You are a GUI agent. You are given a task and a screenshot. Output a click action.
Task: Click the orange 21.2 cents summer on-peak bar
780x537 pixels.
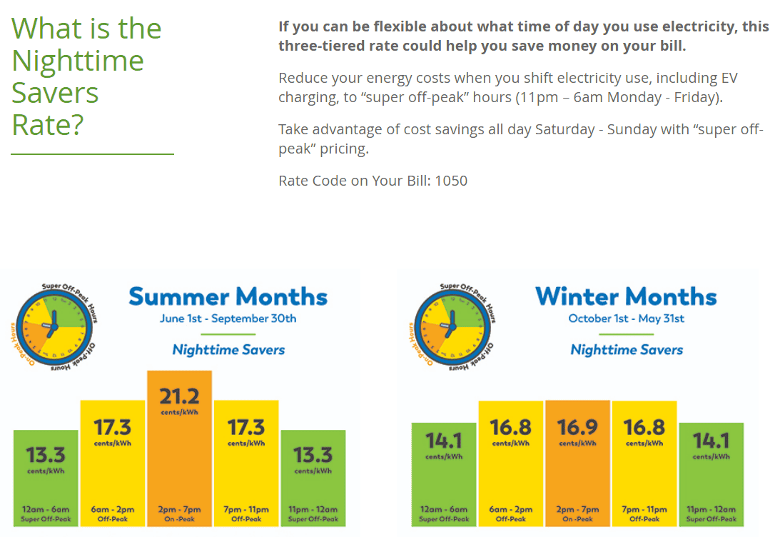(179, 450)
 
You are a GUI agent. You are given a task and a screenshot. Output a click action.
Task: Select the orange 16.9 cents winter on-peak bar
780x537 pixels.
(577, 464)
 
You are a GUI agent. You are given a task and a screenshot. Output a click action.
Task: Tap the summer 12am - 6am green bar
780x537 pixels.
(46, 478)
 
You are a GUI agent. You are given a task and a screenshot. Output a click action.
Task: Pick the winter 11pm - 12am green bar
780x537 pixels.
(711, 475)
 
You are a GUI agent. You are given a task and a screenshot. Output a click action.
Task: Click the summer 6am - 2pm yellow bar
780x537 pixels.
(112, 464)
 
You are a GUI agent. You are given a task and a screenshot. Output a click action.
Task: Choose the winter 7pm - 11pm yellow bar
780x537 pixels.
(644, 464)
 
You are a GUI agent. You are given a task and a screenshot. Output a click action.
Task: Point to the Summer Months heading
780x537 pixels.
(228, 296)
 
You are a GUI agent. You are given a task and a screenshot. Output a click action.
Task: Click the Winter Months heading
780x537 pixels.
(626, 296)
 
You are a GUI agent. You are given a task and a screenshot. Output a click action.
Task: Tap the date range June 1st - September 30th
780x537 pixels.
(228, 318)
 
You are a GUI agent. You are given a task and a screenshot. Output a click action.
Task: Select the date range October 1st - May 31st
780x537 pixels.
(626, 318)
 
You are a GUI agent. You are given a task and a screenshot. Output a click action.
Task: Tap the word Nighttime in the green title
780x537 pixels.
(78, 61)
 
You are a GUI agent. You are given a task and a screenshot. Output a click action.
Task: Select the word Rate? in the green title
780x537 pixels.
(48, 125)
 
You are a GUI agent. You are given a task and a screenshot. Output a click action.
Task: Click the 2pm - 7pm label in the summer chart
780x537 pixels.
(179, 510)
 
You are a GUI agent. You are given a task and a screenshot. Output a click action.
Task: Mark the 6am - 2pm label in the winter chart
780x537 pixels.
(511, 510)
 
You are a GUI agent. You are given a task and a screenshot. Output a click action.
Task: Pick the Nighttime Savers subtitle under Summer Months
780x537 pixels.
(228, 350)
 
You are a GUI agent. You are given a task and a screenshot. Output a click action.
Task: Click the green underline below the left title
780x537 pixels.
(93, 154)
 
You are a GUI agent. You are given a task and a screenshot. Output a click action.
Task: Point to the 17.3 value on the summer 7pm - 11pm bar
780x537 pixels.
(245, 427)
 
